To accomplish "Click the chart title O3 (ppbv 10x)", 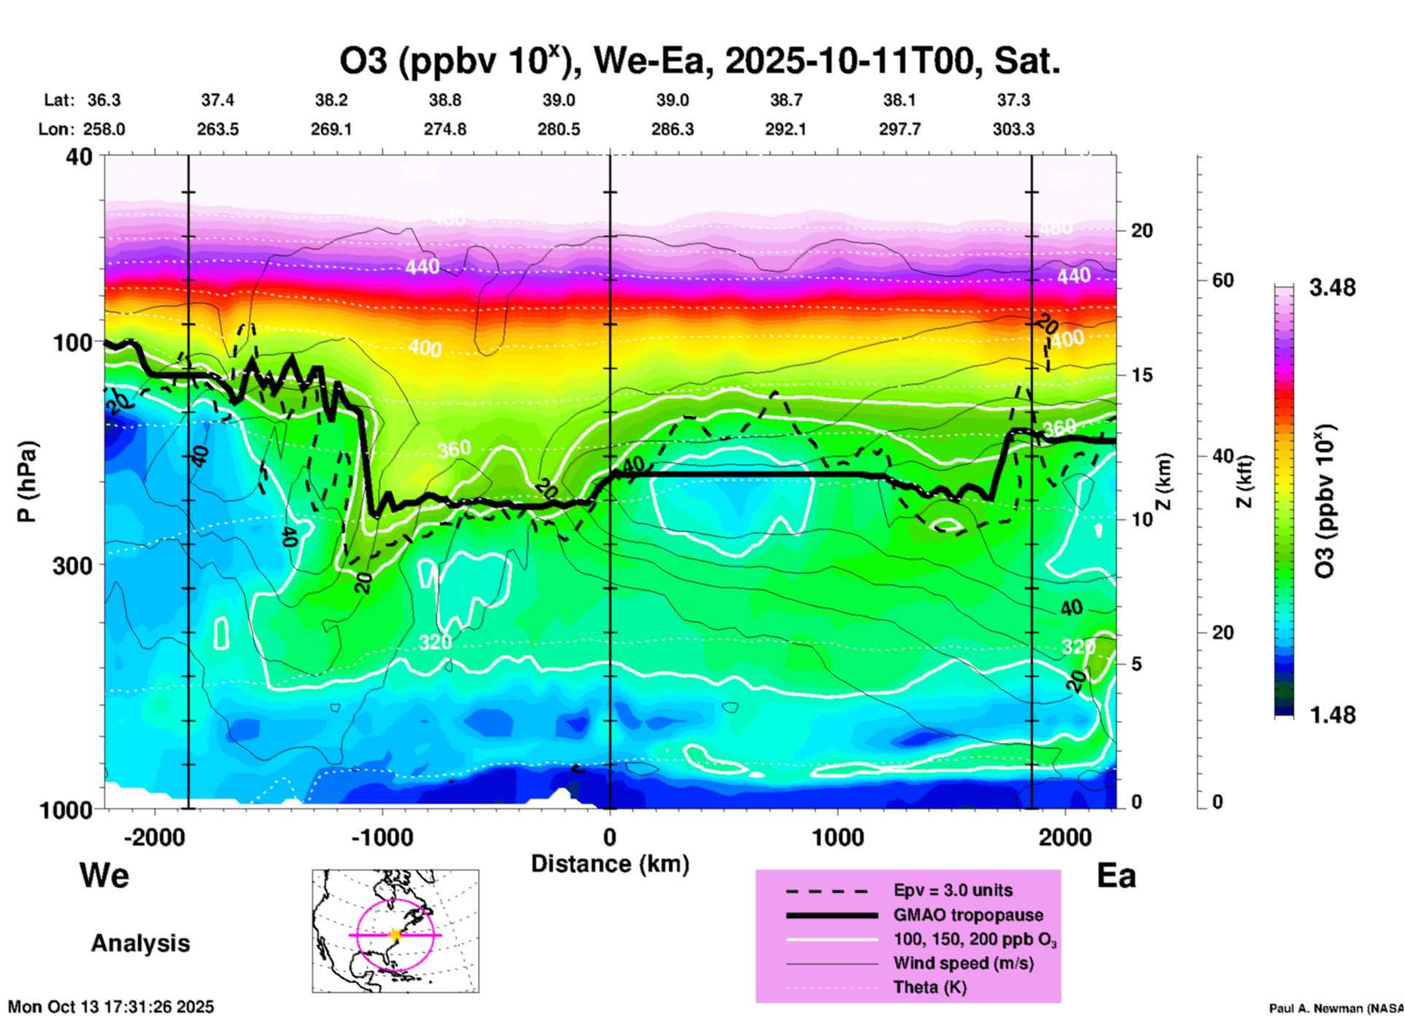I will click(699, 61).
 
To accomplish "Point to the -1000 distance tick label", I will click(382, 837).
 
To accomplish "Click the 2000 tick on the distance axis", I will click(1066, 837).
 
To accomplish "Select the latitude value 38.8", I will click(444, 100).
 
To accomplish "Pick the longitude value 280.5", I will click(559, 130).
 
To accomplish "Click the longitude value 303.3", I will click(1013, 130).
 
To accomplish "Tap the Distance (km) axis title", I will click(610, 864).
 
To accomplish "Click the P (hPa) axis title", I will click(27, 481).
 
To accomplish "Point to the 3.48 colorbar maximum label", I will click(1332, 287).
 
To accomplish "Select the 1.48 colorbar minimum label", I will click(1332, 715).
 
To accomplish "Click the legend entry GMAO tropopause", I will click(968, 915).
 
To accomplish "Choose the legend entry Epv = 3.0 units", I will click(953, 890).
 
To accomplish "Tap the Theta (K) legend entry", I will click(929, 987).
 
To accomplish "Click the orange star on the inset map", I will click(395, 935).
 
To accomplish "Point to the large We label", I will click(104, 875).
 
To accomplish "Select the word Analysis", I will click(140, 943).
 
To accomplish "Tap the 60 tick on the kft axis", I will click(1223, 281).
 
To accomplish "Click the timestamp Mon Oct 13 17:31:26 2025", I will click(111, 1007).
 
